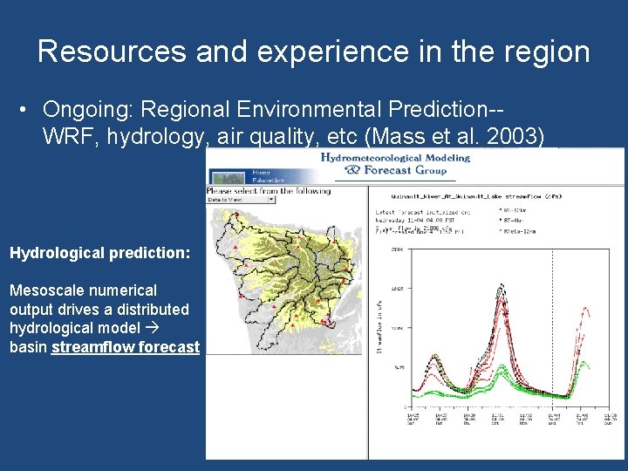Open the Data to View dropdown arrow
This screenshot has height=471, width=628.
(x=271, y=200)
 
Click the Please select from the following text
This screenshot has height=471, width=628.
(x=268, y=190)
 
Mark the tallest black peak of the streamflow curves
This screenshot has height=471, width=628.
(x=501, y=285)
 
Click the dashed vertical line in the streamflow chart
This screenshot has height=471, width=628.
(x=552, y=331)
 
